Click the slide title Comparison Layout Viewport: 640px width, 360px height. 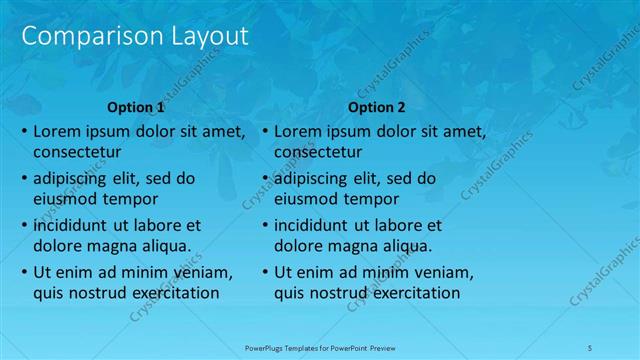[135, 37]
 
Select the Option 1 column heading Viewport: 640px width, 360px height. [135, 107]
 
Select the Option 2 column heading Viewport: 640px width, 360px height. [377, 107]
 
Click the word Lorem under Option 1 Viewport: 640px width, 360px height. [58, 131]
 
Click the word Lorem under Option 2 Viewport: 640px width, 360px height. [299, 131]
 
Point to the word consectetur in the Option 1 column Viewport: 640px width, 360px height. [77, 153]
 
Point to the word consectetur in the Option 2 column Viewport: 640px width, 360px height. [318, 153]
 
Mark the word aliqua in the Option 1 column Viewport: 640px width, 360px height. [162, 246]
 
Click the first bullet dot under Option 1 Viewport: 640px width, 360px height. [24, 132]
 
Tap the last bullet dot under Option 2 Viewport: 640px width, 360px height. [265, 272]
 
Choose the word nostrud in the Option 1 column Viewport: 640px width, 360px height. [103, 293]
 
